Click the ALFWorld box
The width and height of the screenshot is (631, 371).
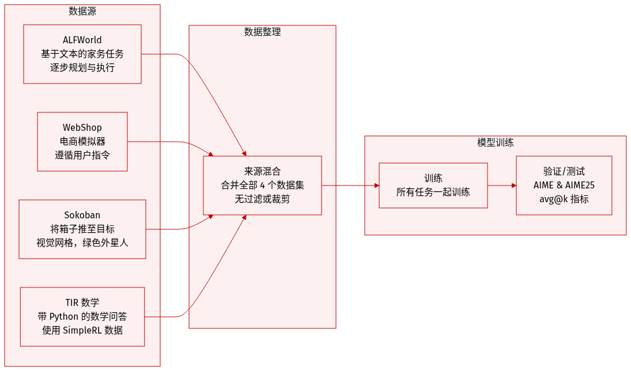pyautogui.click(x=82, y=54)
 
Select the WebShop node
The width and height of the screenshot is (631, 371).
pyautogui.click(x=82, y=142)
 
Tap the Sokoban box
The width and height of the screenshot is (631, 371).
pyautogui.click(x=82, y=229)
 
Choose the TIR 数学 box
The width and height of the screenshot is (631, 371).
pyautogui.click(x=82, y=316)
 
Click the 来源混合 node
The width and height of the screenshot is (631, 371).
pyautogui.click(x=262, y=185)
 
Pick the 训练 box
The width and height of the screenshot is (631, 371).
pyautogui.click(x=433, y=185)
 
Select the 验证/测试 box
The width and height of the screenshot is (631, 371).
pyautogui.click(x=564, y=185)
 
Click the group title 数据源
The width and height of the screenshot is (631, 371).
pyautogui.click(x=82, y=11)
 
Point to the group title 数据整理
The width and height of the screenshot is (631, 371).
pyautogui.click(x=262, y=32)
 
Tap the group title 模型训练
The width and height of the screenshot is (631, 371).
pyautogui.click(x=495, y=142)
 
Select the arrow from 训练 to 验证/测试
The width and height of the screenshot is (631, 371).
pyautogui.click(x=501, y=185)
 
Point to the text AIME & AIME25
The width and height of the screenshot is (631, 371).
pyautogui.click(x=564, y=185)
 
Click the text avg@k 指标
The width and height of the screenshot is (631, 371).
pyautogui.click(x=564, y=199)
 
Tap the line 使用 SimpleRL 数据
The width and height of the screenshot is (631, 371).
pyautogui.click(x=82, y=330)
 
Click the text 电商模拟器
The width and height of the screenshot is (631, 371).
pyautogui.click(x=82, y=142)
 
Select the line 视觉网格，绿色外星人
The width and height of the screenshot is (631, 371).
pyautogui.click(x=82, y=243)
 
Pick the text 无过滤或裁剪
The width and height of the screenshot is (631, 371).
pyautogui.click(x=262, y=199)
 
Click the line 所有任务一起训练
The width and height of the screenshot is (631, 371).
pyautogui.click(x=433, y=192)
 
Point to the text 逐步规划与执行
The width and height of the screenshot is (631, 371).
pyautogui.click(x=82, y=68)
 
